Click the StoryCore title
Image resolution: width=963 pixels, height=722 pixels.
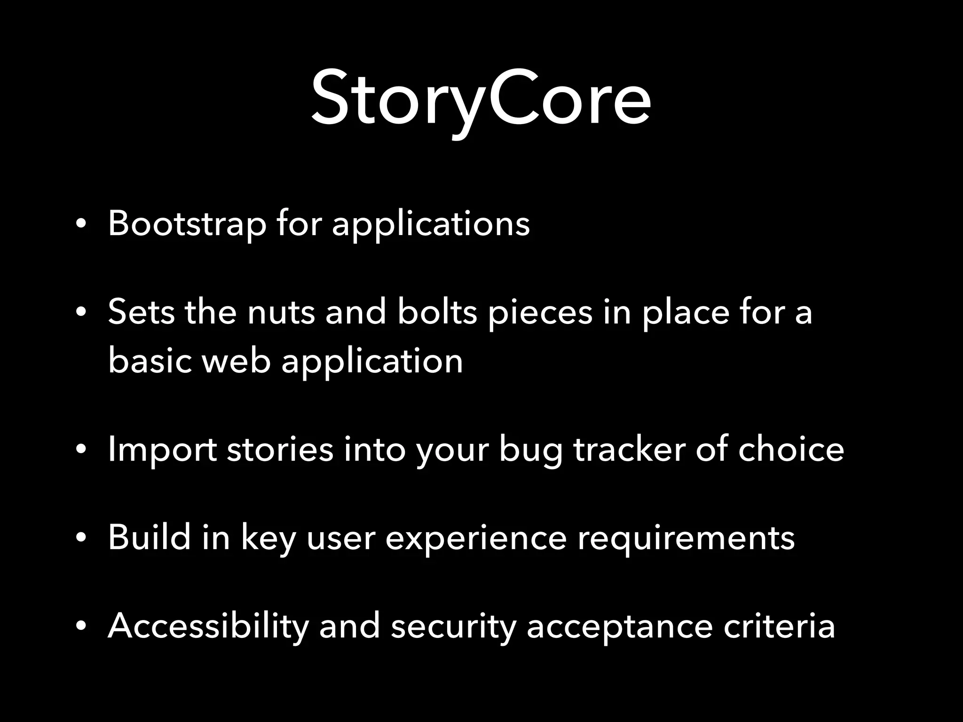tap(481, 99)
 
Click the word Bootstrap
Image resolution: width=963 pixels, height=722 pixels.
tap(187, 223)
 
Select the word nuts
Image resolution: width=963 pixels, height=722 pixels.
tap(281, 312)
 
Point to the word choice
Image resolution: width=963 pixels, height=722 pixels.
tap(791, 449)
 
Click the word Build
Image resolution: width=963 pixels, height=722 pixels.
tap(149, 537)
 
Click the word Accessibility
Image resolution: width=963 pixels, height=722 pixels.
tap(208, 626)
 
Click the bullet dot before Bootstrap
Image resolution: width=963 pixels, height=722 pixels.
tap(81, 225)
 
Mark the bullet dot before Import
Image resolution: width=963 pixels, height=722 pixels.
tap(81, 450)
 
